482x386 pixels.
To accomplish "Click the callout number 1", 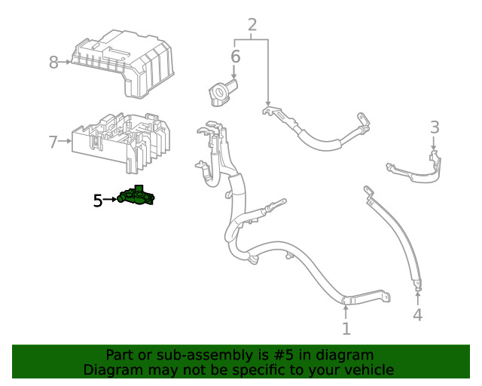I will click(346, 329).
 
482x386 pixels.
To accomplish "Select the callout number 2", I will click(252, 24).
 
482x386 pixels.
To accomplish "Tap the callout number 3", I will click(435, 126).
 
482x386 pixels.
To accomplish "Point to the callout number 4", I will click(417, 315).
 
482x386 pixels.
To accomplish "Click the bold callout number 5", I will click(98, 201).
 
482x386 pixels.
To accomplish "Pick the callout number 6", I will click(235, 57).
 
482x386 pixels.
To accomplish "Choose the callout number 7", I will click(53, 141).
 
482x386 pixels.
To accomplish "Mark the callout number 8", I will click(53, 63).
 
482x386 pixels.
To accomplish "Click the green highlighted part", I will click(136, 198).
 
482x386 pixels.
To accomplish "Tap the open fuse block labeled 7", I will click(120, 139).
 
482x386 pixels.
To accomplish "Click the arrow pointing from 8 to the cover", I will click(66, 63).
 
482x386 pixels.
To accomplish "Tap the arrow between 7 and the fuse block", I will click(66, 141).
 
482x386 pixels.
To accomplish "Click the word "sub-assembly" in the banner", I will click(190, 355).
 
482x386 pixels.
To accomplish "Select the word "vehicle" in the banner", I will click(367, 369).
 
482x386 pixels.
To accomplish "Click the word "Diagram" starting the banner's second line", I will click(112, 369).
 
